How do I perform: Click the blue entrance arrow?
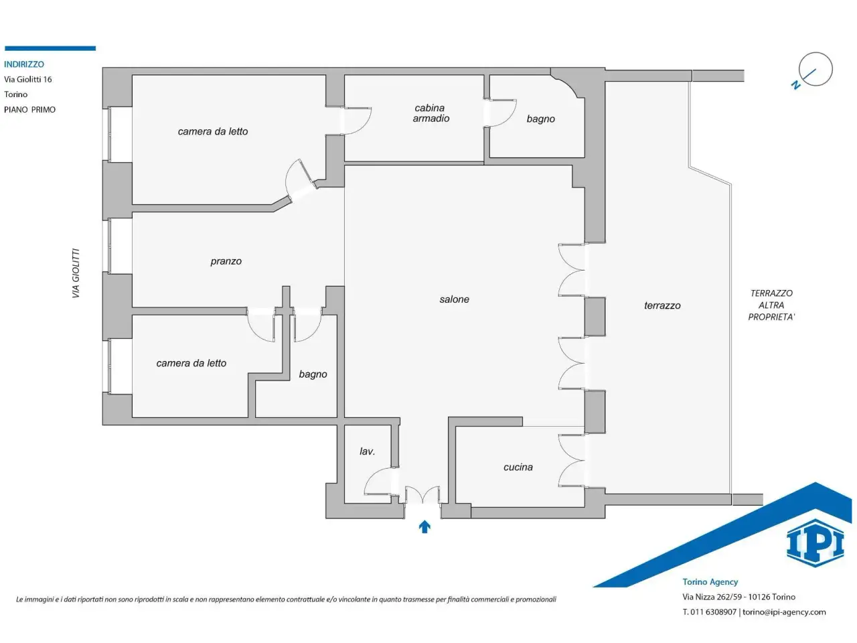(x=424, y=527)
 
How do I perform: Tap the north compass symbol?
(x=813, y=72)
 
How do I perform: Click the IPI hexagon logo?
(x=815, y=543)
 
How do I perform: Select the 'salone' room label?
(x=454, y=299)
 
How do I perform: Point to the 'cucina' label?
(x=518, y=467)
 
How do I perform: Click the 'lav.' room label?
(x=367, y=451)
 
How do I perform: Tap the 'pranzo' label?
(x=226, y=261)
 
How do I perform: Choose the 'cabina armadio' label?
(x=431, y=113)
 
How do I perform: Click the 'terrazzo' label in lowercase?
(x=662, y=305)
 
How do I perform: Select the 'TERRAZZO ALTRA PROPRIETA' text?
(x=771, y=305)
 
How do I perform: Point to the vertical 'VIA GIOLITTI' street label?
(x=76, y=273)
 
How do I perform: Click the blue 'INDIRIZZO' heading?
(x=24, y=64)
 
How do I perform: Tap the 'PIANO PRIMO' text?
(x=29, y=110)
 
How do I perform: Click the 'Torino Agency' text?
(x=710, y=581)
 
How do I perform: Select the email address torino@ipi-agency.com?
(x=784, y=612)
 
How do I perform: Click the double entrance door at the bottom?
(x=422, y=495)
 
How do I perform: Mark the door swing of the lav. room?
(x=378, y=481)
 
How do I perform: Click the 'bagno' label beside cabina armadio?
(x=540, y=119)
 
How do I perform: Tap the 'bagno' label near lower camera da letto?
(x=313, y=374)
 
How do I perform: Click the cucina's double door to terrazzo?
(x=571, y=460)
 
